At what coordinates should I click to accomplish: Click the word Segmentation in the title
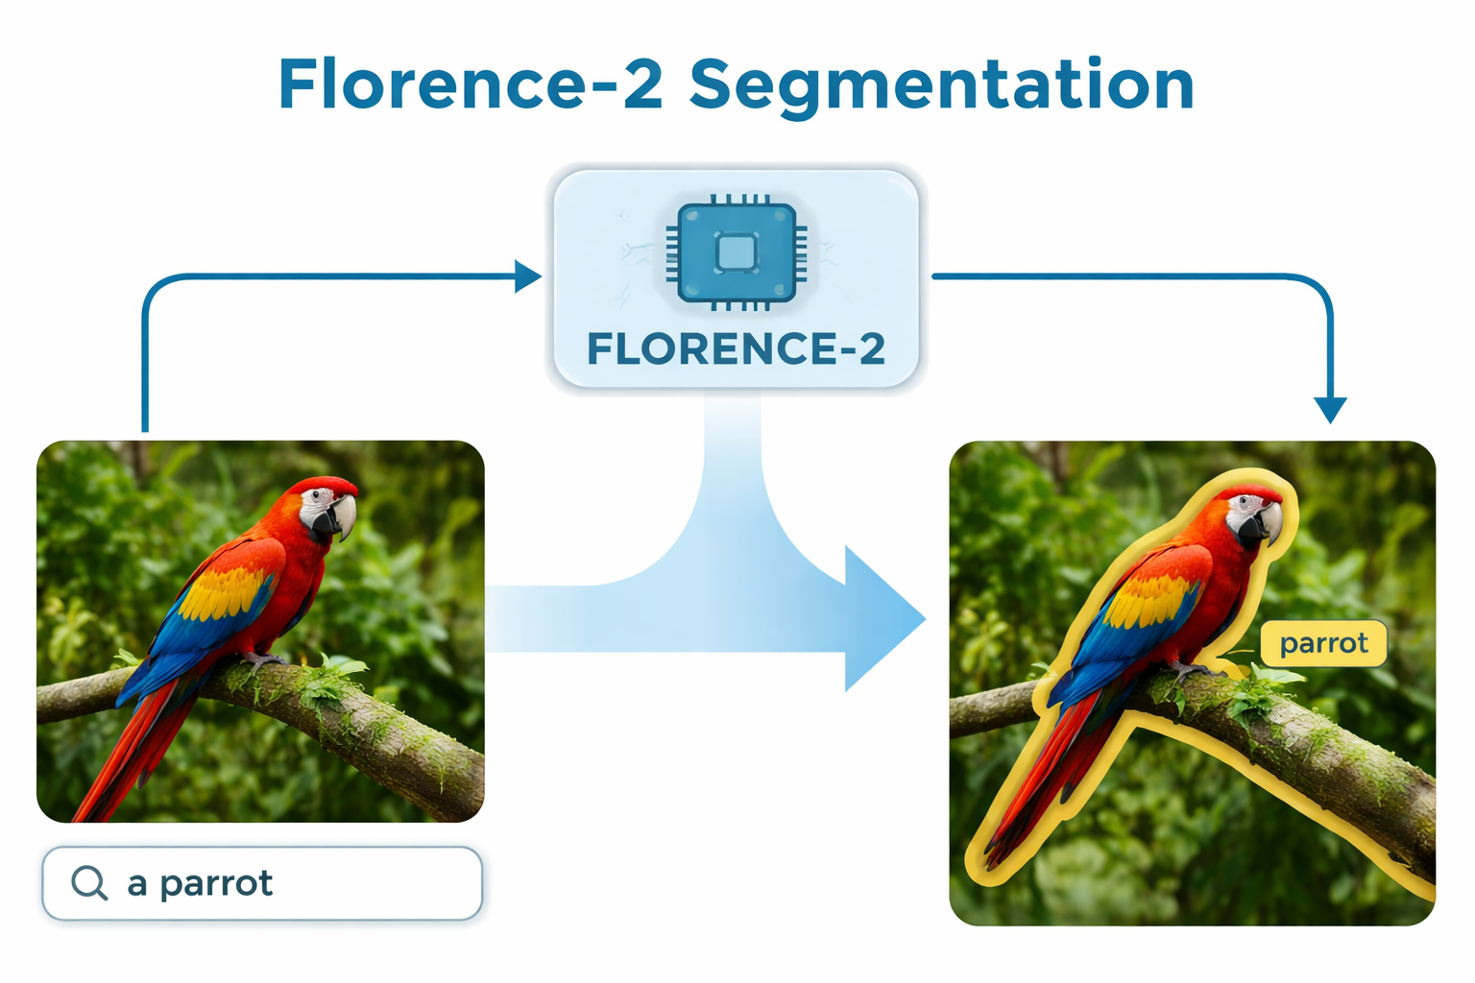coord(942,86)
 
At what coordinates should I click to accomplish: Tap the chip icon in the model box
coord(737,252)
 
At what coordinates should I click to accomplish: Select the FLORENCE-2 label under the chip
coord(737,349)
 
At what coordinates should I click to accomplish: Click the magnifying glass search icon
coord(89,882)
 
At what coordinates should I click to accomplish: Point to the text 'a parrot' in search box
coord(200,883)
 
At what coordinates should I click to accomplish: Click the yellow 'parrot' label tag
coord(1323,643)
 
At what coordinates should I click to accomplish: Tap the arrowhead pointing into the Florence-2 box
coord(527,276)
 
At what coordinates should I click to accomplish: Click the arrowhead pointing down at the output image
coord(1330,410)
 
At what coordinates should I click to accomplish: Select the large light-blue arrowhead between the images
coord(879,619)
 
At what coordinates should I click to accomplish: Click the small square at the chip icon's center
coord(737,252)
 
